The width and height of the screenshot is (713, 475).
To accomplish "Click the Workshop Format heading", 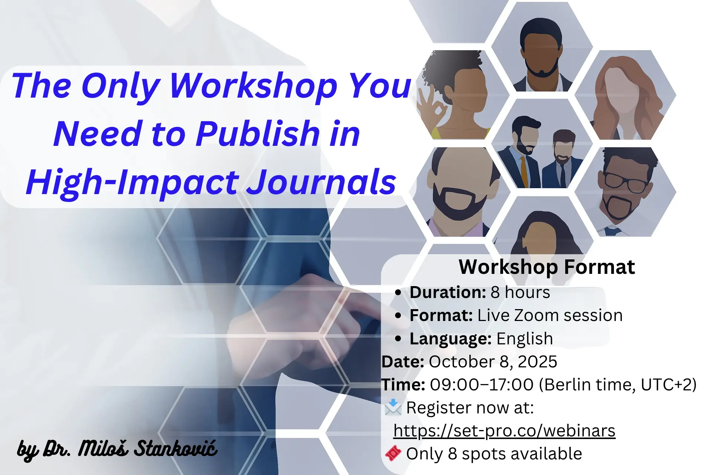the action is pyautogui.click(x=547, y=267).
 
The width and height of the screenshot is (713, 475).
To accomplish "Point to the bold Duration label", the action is pyautogui.click(x=447, y=292).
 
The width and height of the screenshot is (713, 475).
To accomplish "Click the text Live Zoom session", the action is pyautogui.click(x=550, y=315).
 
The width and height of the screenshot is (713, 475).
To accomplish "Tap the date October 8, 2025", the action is pyautogui.click(x=493, y=362).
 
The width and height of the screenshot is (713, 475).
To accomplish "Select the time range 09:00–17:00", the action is pyautogui.click(x=482, y=385).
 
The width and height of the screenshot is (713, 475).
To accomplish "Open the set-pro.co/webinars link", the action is pyautogui.click(x=504, y=431).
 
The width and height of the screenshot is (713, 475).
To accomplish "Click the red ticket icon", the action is pyautogui.click(x=393, y=453).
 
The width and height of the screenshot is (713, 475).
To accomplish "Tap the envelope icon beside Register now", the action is pyautogui.click(x=393, y=407).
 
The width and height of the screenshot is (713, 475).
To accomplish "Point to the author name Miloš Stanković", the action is pyautogui.click(x=148, y=449).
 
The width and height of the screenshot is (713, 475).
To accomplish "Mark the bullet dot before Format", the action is pyautogui.click(x=398, y=316).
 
